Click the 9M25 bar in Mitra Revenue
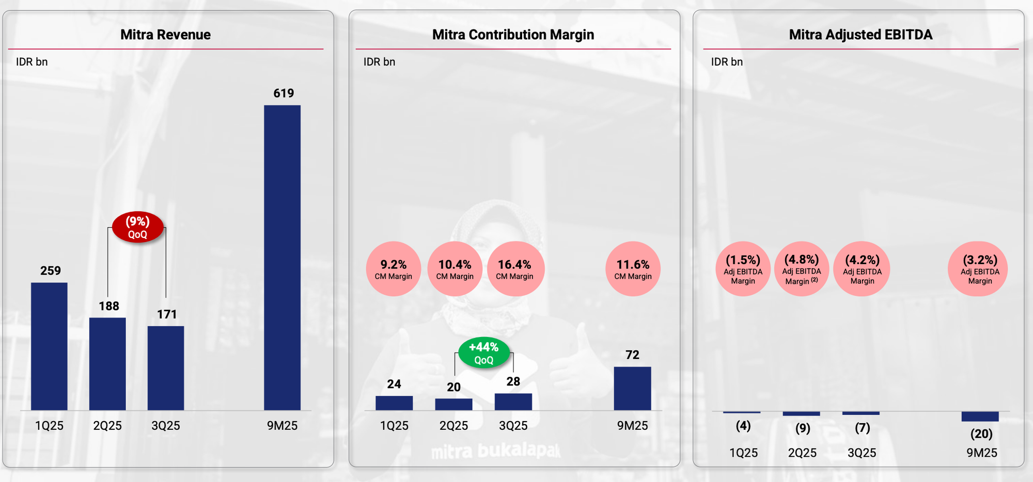tap(282, 258)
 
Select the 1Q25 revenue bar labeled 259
tap(49, 346)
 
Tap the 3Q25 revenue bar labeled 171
tap(166, 368)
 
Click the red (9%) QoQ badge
tap(138, 227)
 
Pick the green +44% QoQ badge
tap(484, 353)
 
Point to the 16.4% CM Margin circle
tap(515, 269)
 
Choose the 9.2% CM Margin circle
tap(394, 269)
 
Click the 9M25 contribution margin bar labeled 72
tap(632, 389)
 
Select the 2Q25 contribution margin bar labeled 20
tap(453, 404)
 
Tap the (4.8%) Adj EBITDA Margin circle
tap(802, 269)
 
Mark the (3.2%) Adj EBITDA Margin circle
tap(980, 269)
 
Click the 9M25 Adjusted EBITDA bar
tap(980, 416)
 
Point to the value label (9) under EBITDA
tap(803, 428)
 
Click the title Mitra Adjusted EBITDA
tap(860, 35)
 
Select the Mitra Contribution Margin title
tap(513, 35)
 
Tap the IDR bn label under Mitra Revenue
tap(32, 62)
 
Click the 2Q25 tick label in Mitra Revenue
tap(107, 426)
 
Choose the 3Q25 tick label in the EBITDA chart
tap(862, 453)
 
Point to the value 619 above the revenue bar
tap(284, 93)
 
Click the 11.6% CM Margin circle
tap(633, 269)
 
